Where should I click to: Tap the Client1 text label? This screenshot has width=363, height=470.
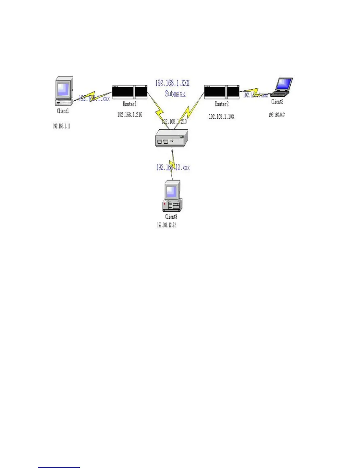point(63,111)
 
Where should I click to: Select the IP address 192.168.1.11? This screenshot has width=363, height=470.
point(62,126)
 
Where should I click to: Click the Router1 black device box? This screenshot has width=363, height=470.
point(130,92)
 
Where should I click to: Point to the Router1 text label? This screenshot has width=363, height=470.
point(130,104)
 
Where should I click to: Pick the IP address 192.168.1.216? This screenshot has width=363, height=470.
point(130,115)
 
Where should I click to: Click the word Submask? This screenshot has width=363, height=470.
point(175,94)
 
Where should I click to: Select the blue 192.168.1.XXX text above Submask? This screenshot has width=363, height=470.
point(172,83)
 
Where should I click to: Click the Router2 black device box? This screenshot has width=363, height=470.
point(222,92)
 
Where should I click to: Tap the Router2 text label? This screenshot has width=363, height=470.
point(222,104)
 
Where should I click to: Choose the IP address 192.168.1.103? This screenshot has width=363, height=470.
point(221,117)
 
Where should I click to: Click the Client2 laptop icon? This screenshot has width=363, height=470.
point(282,87)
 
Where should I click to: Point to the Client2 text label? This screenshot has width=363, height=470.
point(277,102)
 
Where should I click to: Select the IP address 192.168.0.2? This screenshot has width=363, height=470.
point(277,115)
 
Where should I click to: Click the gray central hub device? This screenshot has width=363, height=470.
point(171,138)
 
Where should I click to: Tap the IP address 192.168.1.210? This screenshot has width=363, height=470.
point(174,122)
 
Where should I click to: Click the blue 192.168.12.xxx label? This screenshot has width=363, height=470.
point(173,168)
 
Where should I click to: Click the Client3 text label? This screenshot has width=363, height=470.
point(171,217)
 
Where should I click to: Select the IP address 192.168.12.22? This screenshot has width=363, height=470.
point(166,225)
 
